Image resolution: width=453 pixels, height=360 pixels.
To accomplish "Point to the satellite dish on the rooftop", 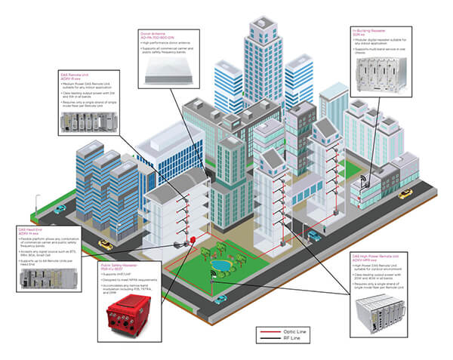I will (365, 182).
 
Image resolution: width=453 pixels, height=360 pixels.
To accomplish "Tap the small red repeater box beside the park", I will (193, 239).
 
